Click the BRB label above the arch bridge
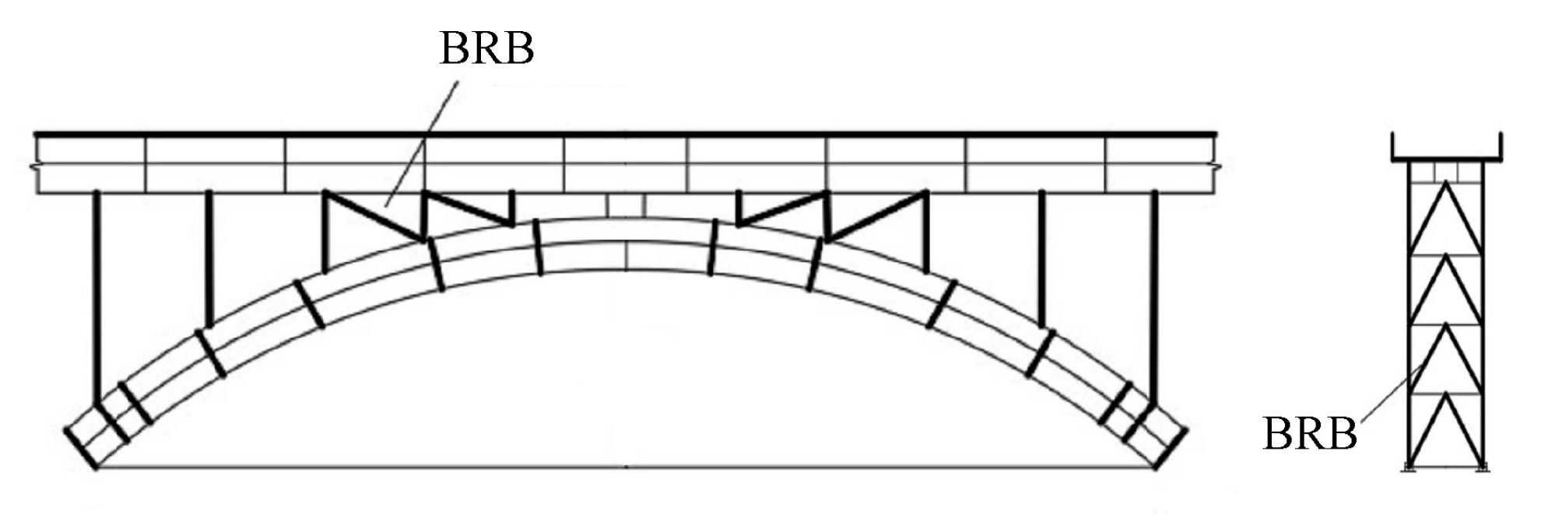tap(486, 48)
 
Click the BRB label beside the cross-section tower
tap(1309, 433)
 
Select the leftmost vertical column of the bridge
tap(97, 295)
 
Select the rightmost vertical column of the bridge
tap(1154, 295)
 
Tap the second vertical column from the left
tap(208, 257)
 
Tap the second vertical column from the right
tap(1041, 257)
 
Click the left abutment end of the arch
tap(82, 447)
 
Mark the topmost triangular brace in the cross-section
tap(1446, 222)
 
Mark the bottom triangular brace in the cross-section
tap(1446, 432)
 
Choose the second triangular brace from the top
tap(1446, 292)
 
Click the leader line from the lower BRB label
tap(1393, 397)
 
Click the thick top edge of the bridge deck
tap(626, 135)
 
